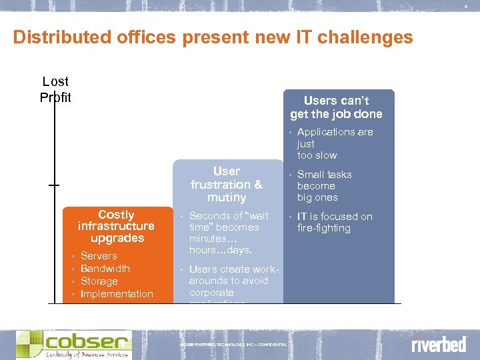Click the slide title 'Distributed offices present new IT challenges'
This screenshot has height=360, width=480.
(213, 37)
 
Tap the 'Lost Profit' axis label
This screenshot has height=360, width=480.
(55, 89)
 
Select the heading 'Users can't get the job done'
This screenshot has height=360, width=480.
(336, 107)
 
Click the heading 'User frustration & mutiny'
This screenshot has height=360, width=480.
(227, 185)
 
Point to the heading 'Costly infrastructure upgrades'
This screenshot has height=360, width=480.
(116, 227)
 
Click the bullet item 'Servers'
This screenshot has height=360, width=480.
(99, 256)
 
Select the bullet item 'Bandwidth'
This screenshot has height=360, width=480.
(105, 269)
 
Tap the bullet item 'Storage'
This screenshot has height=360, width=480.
(99, 281)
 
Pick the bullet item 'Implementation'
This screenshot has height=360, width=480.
(117, 294)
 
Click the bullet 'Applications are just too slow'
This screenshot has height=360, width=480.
(335, 143)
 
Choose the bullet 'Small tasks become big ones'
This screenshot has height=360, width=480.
(324, 186)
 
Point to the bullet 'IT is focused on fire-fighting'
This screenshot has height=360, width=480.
(335, 222)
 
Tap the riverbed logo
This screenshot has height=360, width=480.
(438, 345)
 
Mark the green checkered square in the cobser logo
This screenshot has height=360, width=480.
(31, 343)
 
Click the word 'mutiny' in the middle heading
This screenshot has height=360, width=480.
(227, 198)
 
